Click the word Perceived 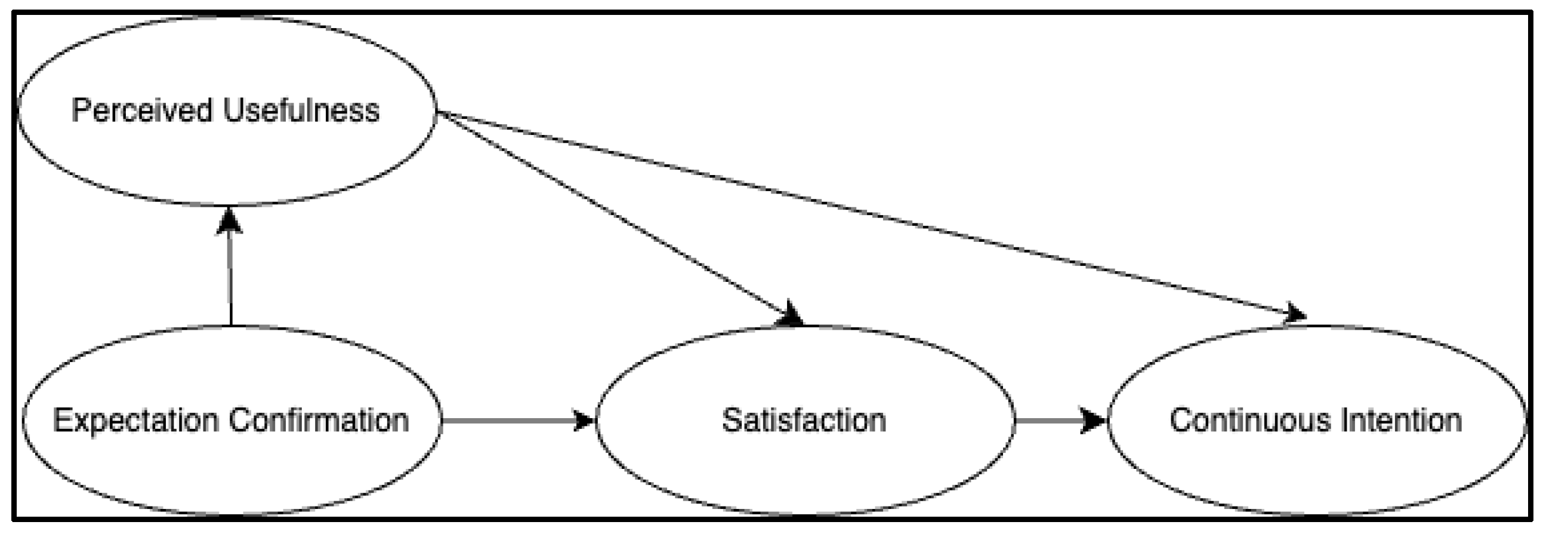(142, 111)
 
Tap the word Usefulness (301, 111)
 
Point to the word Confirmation (319, 420)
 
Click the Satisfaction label (804, 420)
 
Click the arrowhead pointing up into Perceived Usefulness (229, 220)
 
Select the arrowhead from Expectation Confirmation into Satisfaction (583, 420)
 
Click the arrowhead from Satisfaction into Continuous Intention (1094, 420)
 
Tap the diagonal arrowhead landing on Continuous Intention (1294, 314)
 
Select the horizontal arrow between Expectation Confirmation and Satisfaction (509, 420)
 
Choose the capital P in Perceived (81, 111)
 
